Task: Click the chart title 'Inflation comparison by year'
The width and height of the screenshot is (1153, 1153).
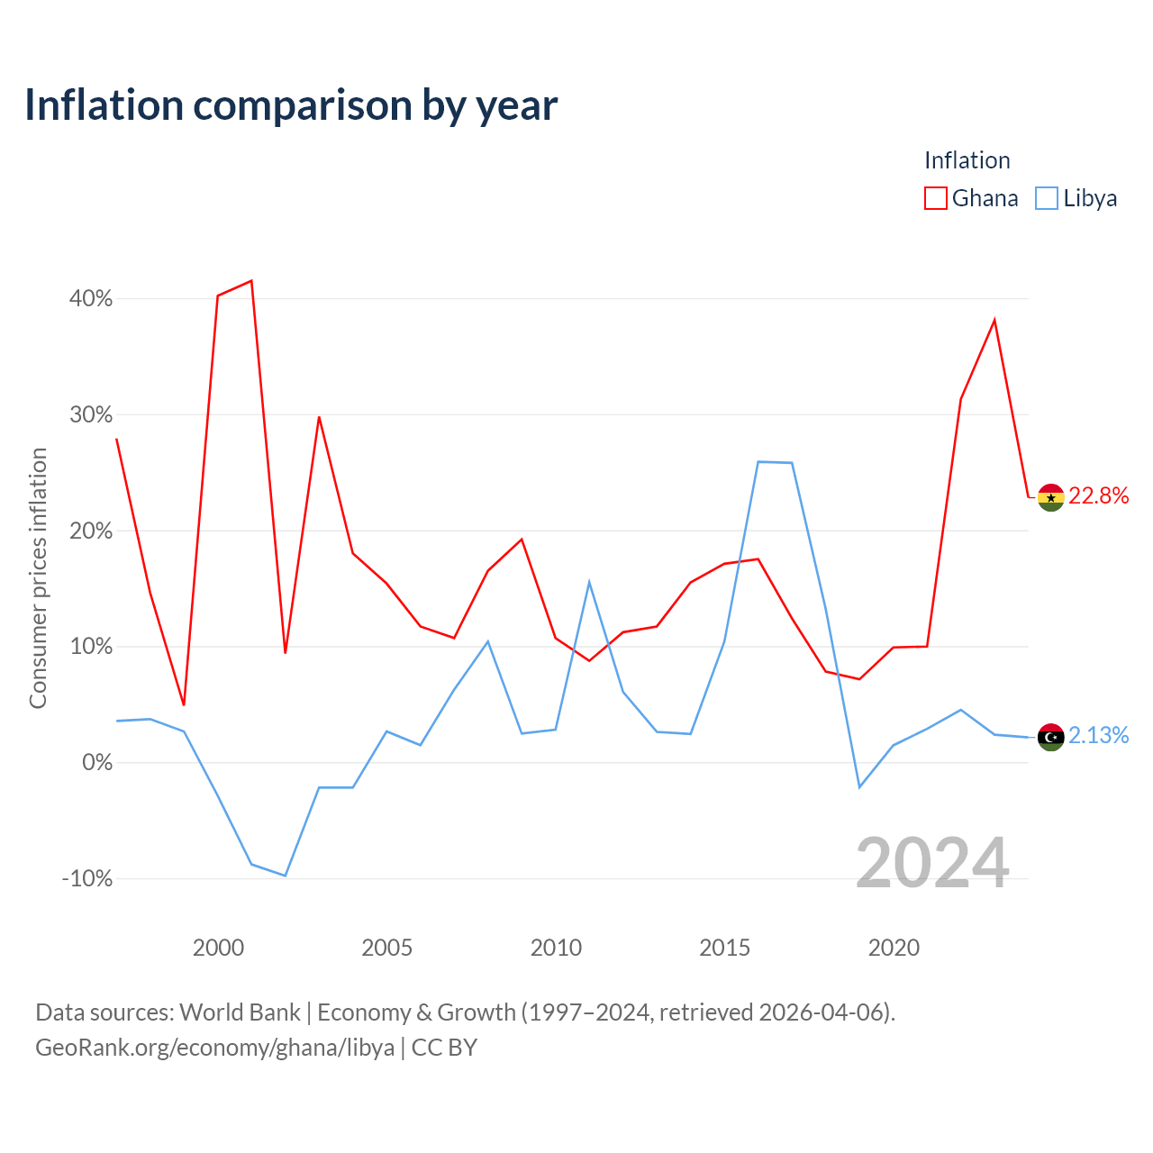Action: [x=291, y=106]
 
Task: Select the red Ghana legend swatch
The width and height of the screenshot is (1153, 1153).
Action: [x=935, y=198]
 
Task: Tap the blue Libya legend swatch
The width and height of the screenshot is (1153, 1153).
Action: [x=1047, y=198]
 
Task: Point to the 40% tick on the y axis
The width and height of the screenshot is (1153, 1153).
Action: [x=90, y=298]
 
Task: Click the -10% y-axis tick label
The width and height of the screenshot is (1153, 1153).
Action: [x=87, y=878]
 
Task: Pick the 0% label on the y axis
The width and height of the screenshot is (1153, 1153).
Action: [x=97, y=762]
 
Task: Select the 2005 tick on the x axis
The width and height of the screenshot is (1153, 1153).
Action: [x=387, y=948]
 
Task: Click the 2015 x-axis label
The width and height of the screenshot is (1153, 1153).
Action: [x=724, y=948]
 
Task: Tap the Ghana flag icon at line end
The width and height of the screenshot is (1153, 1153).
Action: [x=1050, y=497]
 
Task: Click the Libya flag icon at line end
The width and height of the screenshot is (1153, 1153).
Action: [x=1050, y=737]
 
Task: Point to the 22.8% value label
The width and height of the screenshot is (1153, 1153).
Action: [x=1099, y=496]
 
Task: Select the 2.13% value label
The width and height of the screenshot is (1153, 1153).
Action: [x=1099, y=735]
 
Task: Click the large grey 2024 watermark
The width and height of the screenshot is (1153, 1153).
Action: [x=933, y=862]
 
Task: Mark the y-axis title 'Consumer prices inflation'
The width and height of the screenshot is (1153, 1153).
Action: [x=38, y=578]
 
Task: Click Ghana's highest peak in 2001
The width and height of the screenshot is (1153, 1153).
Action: [x=251, y=281]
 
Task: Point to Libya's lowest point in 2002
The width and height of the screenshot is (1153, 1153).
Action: [x=286, y=876]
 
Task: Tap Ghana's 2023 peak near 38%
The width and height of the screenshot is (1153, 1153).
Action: [x=994, y=320]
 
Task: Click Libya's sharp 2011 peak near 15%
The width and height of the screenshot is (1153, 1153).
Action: [x=589, y=582]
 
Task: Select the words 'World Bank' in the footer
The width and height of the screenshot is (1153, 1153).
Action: [x=240, y=1012]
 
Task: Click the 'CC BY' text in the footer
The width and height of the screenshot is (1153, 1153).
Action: [x=444, y=1048]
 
